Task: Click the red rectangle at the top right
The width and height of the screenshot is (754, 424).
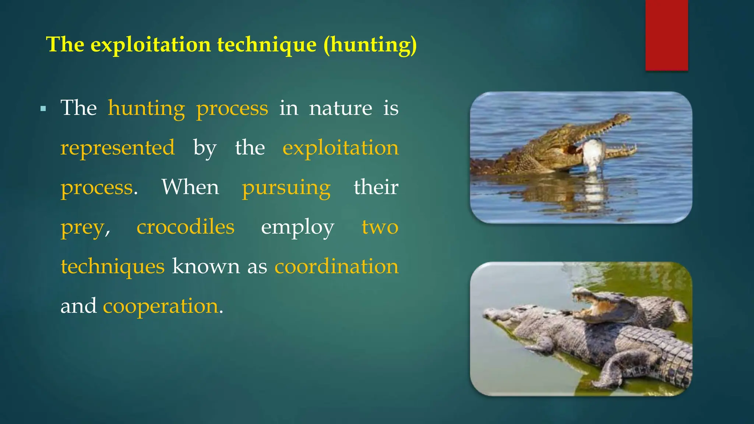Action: click(x=666, y=35)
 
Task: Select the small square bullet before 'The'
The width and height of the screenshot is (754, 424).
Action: click(x=43, y=109)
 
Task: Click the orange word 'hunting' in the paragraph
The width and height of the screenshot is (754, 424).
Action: click(x=146, y=109)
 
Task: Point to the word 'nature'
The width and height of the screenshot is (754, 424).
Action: click(x=340, y=108)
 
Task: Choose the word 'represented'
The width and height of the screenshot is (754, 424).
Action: click(x=117, y=148)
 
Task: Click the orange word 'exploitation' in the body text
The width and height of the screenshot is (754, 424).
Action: click(x=340, y=148)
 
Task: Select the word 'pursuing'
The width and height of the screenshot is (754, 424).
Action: click(x=286, y=188)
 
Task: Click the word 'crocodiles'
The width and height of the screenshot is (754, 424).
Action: click(x=185, y=227)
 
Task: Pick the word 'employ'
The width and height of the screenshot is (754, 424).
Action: click(x=297, y=227)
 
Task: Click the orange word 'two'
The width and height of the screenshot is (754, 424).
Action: click(x=380, y=227)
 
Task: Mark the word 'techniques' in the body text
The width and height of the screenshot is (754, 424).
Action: click(x=112, y=267)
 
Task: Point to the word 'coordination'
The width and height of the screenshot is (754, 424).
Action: click(x=336, y=266)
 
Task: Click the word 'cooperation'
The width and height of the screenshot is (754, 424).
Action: click(x=161, y=306)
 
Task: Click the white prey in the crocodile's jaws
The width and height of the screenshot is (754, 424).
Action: click(x=593, y=153)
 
